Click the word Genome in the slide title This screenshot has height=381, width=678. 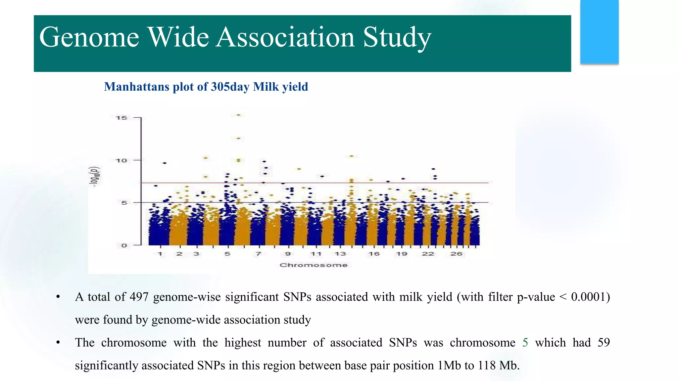pos(89,37)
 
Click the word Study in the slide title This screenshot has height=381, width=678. pos(397,37)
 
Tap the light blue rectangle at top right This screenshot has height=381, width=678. pos(599,32)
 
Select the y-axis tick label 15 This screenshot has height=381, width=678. pos(121,118)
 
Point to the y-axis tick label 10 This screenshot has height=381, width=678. pos(121,160)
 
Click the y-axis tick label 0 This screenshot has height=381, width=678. pos(124,245)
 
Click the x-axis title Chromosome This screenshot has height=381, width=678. pos(313,265)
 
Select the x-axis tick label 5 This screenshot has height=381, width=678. pos(227,254)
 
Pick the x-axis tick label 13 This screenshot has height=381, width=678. pos(340,254)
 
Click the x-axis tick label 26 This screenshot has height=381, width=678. pos(456,254)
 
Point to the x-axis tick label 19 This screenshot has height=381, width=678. pos(402,254)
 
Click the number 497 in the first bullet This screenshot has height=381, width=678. pos(139,297)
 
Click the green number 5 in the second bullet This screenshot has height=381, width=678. pos(525,342)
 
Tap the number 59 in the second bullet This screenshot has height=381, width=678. pos(603,342)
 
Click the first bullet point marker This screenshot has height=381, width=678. pos(58,297)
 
